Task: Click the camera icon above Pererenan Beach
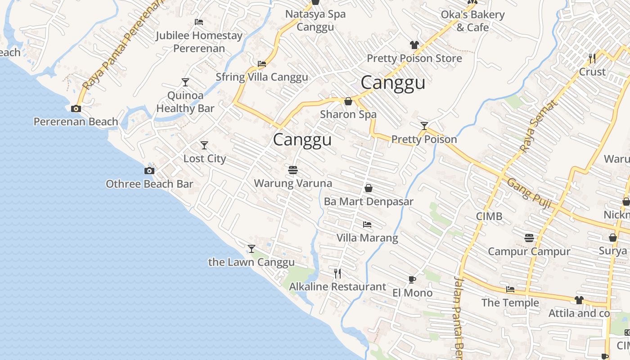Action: click(x=76, y=108)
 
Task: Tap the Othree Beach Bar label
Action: click(x=149, y=184)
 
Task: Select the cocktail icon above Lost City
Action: click(x=204, y=145)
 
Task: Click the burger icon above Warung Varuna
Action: click(x=293, y=170)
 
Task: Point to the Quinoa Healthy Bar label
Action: click(x=185, y=102)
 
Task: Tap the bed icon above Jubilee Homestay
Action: click(x=199, y=22)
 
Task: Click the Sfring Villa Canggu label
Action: click(x=262, y=77)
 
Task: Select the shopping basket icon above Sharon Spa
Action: click(x=348, y=101)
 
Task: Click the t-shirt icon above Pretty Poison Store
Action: click(x=414, y=45)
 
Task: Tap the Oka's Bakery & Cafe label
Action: click(x=472, y=21)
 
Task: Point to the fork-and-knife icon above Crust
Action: click(x=592, y=58)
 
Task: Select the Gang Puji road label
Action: click(x=529, y=193)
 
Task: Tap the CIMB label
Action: click(x=489, y=216)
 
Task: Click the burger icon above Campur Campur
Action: click(x=529, y=238)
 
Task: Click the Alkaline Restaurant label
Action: click(x=337, y=287)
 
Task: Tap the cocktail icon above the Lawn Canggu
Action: click(x=252, y=248)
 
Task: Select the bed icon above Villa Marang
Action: click(x=367, y=224)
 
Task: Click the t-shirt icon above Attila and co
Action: click(x=579, y=300)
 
